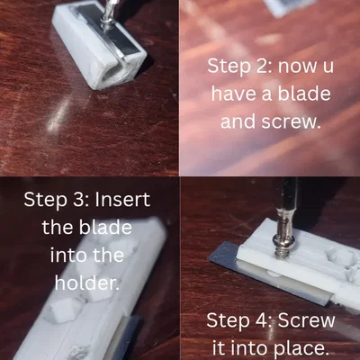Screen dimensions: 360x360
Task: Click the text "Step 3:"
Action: (57, 200)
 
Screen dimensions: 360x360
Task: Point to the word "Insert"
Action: (122, 200)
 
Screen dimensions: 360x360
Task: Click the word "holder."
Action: (87, 283)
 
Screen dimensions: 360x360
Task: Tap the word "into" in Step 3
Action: (67, 255)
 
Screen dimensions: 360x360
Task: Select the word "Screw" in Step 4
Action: (306, 319)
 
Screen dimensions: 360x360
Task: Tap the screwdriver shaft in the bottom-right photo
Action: (285, 207)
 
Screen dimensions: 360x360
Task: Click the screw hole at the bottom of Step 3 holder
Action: (78, 351)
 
